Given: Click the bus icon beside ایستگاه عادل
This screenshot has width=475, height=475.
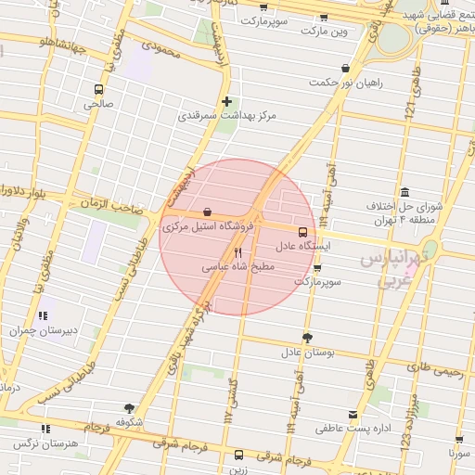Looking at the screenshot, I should point(303,232).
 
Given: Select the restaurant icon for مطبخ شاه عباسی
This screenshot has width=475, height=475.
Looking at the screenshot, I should point(238,251).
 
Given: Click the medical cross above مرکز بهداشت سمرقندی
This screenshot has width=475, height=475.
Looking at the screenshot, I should point(226,101).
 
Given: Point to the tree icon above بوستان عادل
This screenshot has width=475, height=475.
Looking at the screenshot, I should point(307,338).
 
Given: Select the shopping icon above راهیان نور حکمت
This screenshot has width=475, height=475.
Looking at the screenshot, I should point(346,68).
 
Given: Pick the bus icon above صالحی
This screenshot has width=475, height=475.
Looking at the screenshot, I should point(98,90).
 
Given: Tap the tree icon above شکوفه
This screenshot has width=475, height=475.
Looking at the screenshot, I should point(129,407).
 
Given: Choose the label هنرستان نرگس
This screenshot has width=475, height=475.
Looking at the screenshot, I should point(45,444).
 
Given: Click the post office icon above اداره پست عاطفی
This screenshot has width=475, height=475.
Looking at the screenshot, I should point(353,415).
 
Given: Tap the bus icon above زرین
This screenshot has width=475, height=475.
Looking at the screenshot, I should point(239,455).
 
